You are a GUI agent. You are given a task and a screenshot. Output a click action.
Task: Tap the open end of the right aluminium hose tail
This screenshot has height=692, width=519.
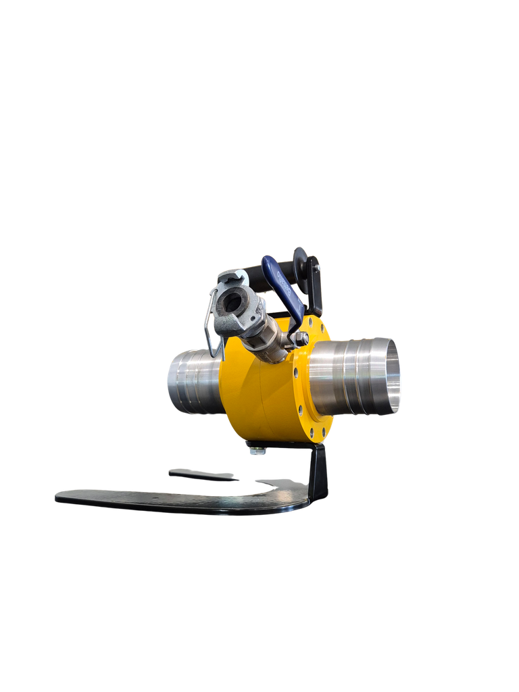coord(391,376)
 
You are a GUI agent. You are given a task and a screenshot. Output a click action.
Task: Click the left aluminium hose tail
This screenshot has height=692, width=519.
coord(193,380)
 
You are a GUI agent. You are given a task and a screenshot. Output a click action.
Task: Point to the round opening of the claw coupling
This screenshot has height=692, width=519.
coord(233,301)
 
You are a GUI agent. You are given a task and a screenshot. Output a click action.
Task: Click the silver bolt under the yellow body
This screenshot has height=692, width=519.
coord(257,450)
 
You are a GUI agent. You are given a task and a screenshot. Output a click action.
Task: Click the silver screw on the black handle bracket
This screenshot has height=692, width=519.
coord(316,269)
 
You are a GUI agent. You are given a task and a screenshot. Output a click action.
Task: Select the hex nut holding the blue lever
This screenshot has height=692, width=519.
coord(301,337)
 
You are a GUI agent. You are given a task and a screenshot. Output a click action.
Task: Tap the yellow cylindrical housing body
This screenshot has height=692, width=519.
coord(253,392)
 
